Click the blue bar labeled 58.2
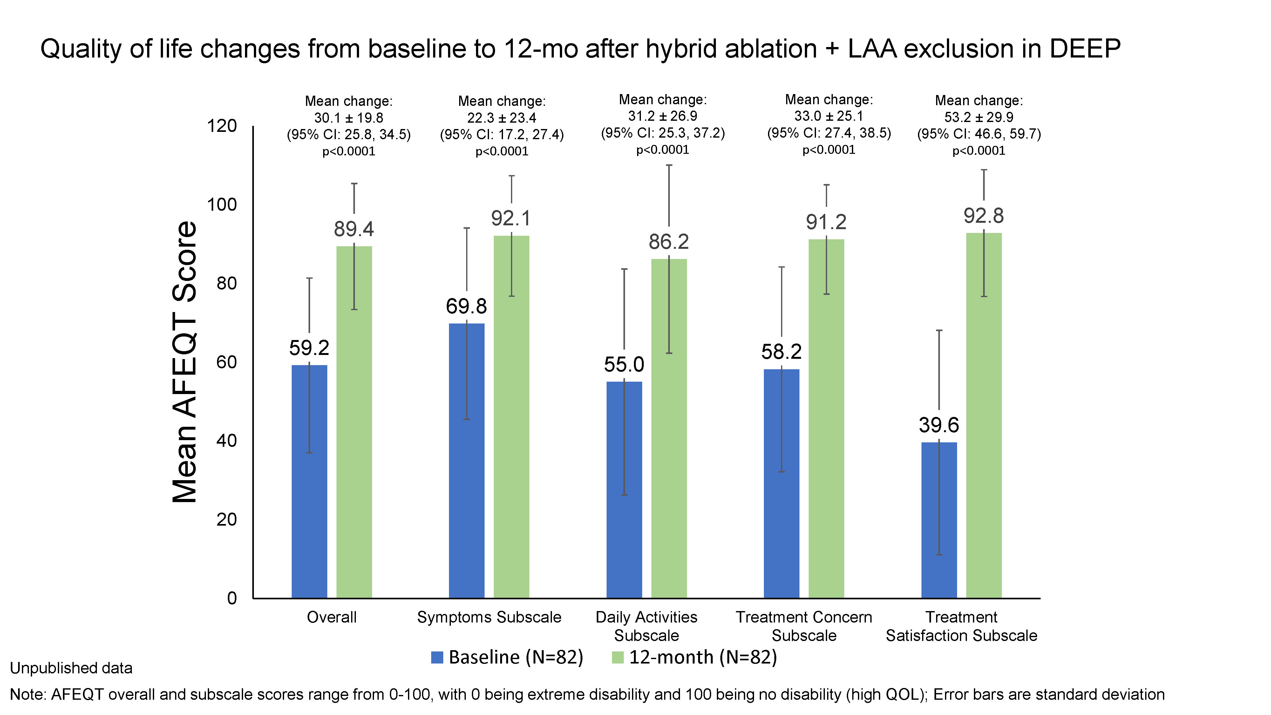coord(782,484)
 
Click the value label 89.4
coord(354,229)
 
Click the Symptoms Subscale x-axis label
coord(489,617)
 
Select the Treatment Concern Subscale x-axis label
coord(804,626)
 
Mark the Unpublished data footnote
coord(71,668)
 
